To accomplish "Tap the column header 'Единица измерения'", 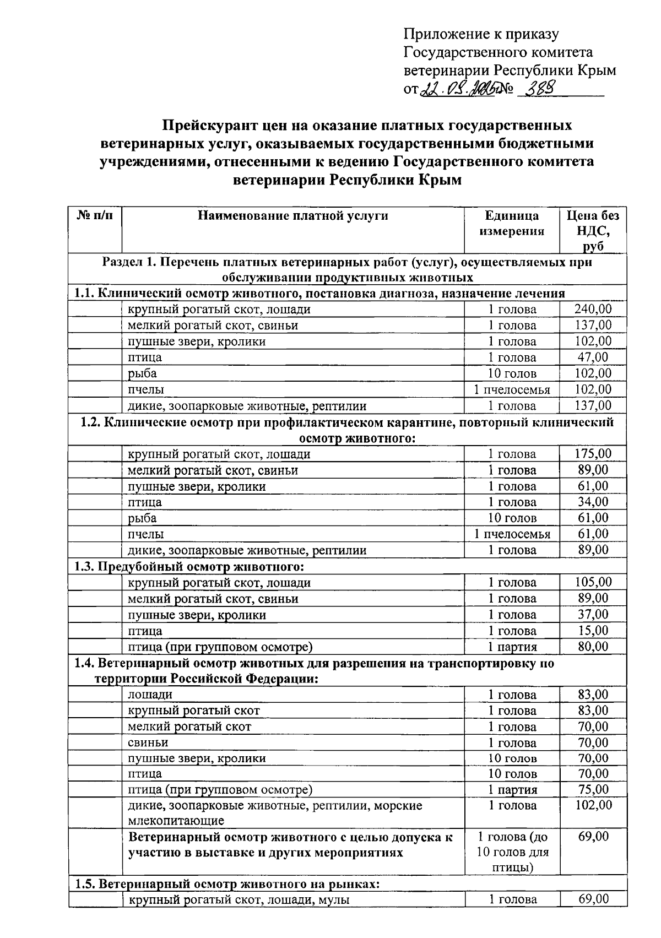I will coord(512,223).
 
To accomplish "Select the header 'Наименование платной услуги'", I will coord(292,215).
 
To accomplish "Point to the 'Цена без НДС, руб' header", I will coord(593,230).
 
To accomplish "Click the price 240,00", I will coord(593,310).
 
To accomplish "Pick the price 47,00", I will coord(593,357).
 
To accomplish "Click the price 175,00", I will coord(593,454).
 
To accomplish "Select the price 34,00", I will coord(593,502).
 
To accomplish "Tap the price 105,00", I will coord(593,583).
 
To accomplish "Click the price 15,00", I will coord(593,631).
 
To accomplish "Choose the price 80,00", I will coord(593,647).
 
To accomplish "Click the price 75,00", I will coord(593,790).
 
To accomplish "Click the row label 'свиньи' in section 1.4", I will coord(148,743).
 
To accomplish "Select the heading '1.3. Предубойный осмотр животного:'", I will coord(189,567).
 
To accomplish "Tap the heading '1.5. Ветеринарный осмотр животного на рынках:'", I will coord(227,885).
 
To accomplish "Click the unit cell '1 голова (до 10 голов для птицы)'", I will coord(512,853).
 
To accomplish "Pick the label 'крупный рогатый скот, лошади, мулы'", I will coord(239,901).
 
